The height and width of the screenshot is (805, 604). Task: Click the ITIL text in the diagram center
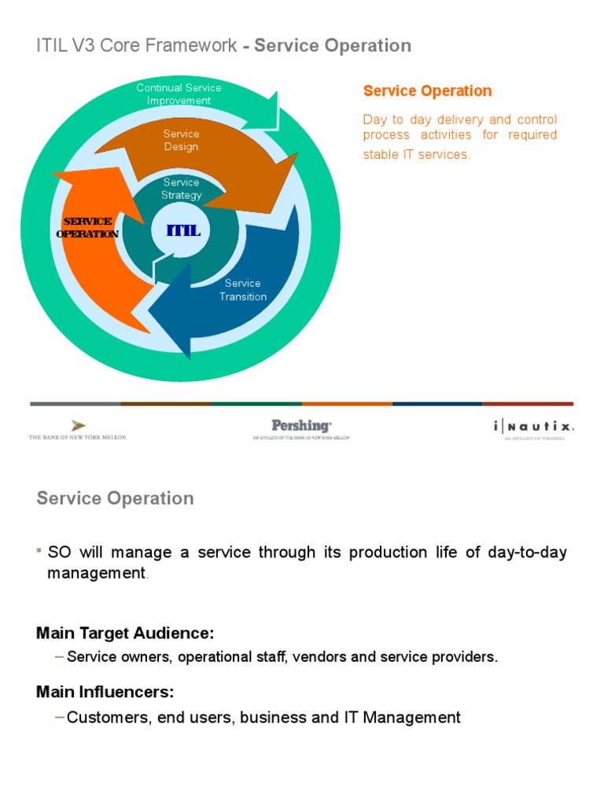tap(183, 230)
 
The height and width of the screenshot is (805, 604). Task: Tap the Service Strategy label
tap(181, 189)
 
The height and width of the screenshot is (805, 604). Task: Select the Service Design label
tap(181, 140)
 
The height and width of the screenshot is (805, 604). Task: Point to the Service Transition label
tap(242, 290)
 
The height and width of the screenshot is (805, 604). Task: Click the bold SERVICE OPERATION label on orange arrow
tap(88, 227)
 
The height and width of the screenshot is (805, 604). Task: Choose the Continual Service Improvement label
tap(179, 94)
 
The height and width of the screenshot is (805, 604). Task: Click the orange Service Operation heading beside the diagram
tap(427, 91)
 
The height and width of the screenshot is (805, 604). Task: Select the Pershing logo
tap(301, 428)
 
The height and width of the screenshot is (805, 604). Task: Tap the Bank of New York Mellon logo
tap(77, 429)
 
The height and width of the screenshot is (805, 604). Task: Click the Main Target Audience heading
tap(125, 633)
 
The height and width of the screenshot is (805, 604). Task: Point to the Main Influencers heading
tap(105, 693)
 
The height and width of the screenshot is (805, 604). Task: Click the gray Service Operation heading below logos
tap(115, 498)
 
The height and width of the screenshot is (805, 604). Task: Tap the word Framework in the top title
tap(186, 46)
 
